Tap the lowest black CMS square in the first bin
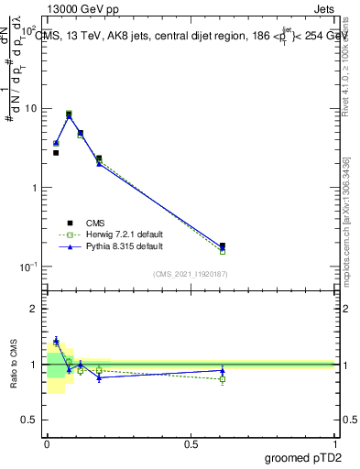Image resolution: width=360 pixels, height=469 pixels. click(56, 153)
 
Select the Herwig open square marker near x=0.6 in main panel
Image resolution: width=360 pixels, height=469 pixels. click(223, 251)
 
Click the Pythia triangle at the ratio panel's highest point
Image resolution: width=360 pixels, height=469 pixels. click(56, 340)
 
